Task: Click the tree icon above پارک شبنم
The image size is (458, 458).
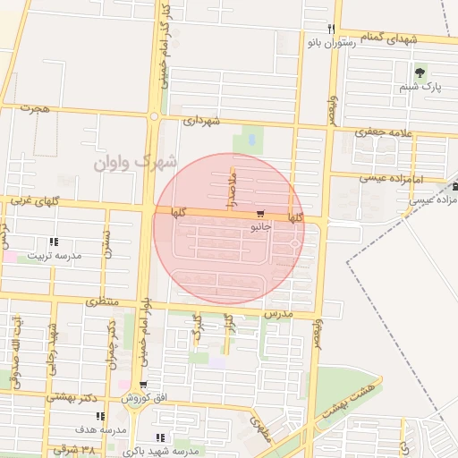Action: click(x=420, y=72)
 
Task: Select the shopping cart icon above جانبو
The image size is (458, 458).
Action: click(x=260, y=215)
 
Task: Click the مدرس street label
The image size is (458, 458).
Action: click(x=278, y=315)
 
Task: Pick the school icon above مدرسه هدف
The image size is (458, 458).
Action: click(x=100, y=416)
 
